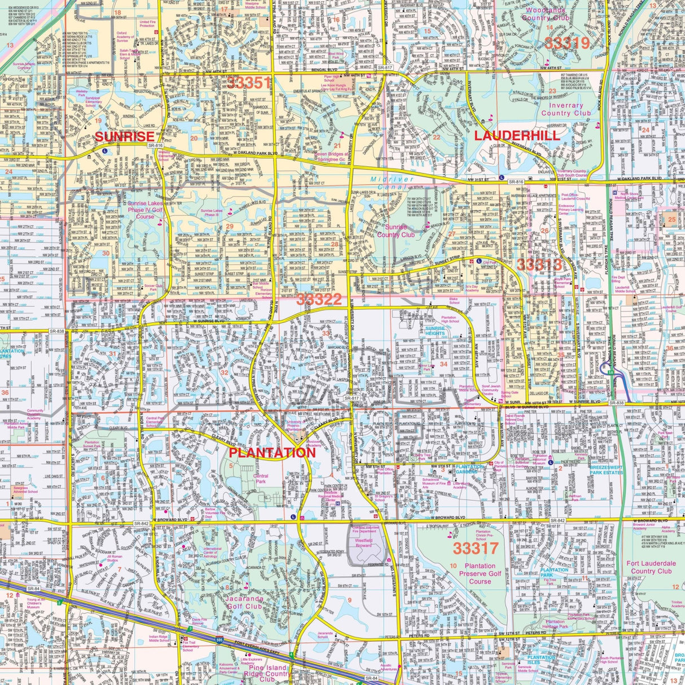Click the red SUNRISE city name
(x=124, y=136)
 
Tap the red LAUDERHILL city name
(x=517, y=135)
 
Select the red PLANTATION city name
(x=271, y=453)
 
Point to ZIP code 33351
(x=249, y=83)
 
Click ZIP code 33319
(x=565, y=43)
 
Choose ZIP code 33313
(x=539, y=264)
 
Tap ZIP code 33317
(x=476, y=547)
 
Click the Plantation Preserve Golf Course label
(x=480, y=573)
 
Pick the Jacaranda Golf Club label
(x=246, y=603)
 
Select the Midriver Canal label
(x=392, y=183)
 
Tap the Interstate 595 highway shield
(x=219, y=641)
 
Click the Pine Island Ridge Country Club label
(x=267, y=674)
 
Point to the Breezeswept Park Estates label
(x=607, y=470)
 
